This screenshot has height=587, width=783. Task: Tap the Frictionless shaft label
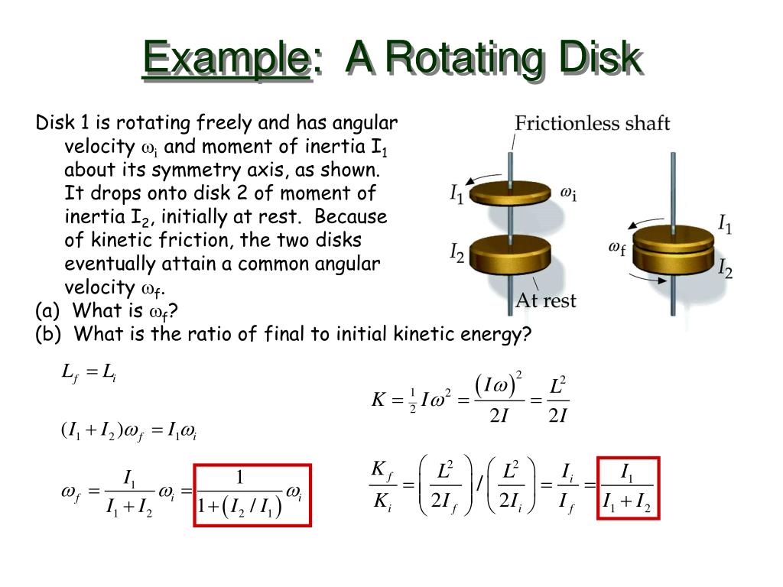pyautogui.click(x=592, y=123)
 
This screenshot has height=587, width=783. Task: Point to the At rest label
pyautogui.click(x=546, y=300)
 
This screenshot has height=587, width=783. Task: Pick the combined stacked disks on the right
pyautogui.click(x=673, y=249)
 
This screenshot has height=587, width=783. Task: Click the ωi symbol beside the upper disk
pyautogui.click(x=568, y=194)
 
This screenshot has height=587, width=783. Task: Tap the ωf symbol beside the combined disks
pyautogui.click(x=617, y=247)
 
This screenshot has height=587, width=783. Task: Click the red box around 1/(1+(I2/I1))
pyautogui.click(x=252, y=495)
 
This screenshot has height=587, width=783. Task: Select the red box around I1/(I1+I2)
pyautogui.click(x=627, y=488)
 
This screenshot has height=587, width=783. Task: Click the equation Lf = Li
pyautogui.click(x=88, y=374)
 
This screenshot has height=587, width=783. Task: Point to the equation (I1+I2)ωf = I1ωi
pyautogui.click(x=128, y=432)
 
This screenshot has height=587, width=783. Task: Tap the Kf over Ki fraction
pyautogui.click(x=381, y=487)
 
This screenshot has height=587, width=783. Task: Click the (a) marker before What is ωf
pyautogui.click(x=47, y=311)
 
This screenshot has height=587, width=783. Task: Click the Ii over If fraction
pyautogui.click(x=567, y=488)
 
